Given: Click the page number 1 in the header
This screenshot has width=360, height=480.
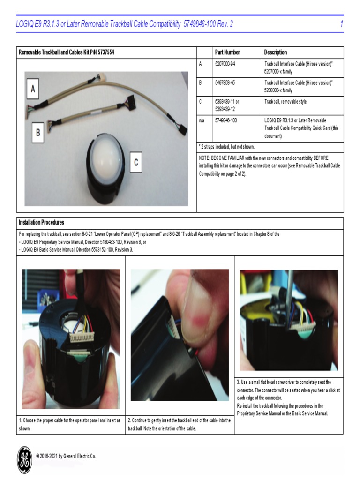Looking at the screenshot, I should (342, 24).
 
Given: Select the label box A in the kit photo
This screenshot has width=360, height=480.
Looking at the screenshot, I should (32, 89).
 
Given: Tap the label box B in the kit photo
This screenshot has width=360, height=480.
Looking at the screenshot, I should (37, 133).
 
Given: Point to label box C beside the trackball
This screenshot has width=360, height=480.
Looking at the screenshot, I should (136, 163).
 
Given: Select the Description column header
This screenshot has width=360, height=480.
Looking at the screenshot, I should (276, 52).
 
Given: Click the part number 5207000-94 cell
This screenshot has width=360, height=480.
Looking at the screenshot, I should (225, 64).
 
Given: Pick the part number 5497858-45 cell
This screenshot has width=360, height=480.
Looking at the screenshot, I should (225, 82).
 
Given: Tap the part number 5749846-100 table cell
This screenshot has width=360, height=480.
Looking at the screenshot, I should (226, 120).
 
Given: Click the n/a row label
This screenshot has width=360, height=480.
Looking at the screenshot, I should (202, 120).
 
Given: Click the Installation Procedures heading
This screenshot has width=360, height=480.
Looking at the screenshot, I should (41, 222).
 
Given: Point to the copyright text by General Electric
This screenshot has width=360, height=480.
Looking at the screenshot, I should (66, 456).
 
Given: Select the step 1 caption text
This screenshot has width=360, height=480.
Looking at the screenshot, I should (69, 424).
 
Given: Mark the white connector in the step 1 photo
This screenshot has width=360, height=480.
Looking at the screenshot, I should (82, 337).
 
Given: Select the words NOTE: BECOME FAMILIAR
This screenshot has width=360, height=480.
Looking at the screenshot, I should (225, 158).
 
